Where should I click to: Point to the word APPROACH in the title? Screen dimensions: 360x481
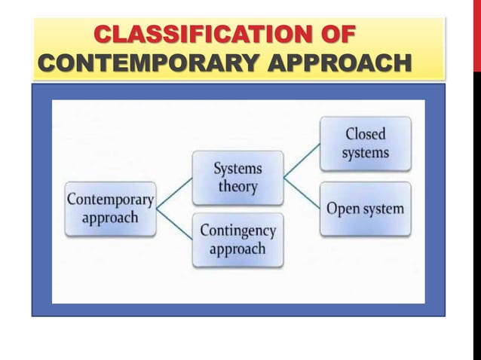click(x=335, y=64)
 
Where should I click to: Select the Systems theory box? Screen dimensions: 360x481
click(x=237, y=177)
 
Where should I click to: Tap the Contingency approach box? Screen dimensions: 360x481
click(x=237, y=239)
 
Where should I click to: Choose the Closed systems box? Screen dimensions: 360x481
click(x=366, y=143)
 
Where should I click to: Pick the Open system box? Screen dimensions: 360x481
click(x=366, y=209)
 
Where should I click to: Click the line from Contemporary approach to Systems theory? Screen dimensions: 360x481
click(x=174, y=191)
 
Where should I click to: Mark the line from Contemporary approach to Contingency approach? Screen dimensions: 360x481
click(x=174, y=225)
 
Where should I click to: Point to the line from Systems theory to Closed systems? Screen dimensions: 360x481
click(x=302, y=160)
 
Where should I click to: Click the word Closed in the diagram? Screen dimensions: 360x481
click(x=366, y=135)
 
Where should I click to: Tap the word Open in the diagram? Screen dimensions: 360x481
click(x=343, y=209)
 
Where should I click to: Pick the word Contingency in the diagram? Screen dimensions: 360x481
click(x=237, y=230)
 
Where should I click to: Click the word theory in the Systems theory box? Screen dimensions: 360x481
click(x=237, y=187)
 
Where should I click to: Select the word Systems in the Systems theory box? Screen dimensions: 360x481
click(x=237, y=168)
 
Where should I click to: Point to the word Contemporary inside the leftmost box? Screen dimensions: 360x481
click(x=110, y=200)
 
